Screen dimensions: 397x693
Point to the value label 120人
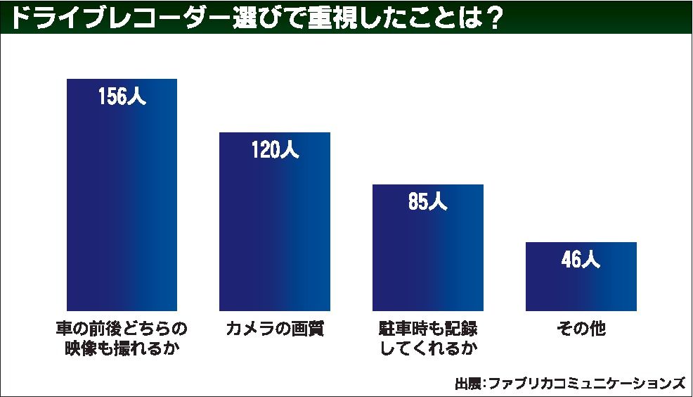click(x=275, y=150)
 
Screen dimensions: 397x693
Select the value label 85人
click(x=427, y=203)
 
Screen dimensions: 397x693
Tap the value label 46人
click(x=581, y=260)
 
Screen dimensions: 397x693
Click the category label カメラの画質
click(x=275, y=329)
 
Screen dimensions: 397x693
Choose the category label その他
click(x=581, y=329)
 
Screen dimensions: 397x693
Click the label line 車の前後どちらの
click(x=122, y=329)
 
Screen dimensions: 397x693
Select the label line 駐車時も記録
click(x=427, y=329)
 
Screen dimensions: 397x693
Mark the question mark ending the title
click(x=493, y=17)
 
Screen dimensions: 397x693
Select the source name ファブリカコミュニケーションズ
click(x=585, y=384)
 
